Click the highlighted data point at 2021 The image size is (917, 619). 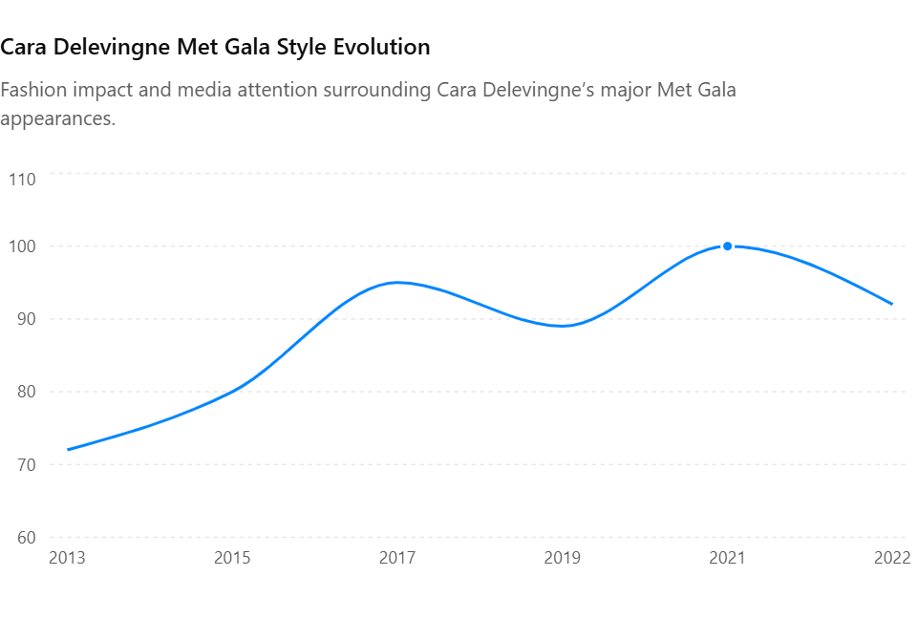727,246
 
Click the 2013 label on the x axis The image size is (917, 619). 67,558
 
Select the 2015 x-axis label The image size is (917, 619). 232,558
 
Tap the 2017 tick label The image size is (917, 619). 397,558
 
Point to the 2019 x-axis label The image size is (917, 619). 562,558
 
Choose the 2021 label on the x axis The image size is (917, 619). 727,558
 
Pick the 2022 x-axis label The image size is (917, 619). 892,558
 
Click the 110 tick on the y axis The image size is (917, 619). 22,179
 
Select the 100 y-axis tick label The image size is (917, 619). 22,246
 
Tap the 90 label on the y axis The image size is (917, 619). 27,319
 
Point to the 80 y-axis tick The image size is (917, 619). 27,392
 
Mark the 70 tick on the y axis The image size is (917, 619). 27,464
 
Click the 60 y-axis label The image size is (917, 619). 27,537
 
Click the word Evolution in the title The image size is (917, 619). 381,47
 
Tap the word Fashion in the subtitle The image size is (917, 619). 33,90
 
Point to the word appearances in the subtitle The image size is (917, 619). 57,119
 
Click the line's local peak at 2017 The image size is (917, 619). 397,283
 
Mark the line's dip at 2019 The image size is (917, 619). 562,326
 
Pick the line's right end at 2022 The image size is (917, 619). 892,304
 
